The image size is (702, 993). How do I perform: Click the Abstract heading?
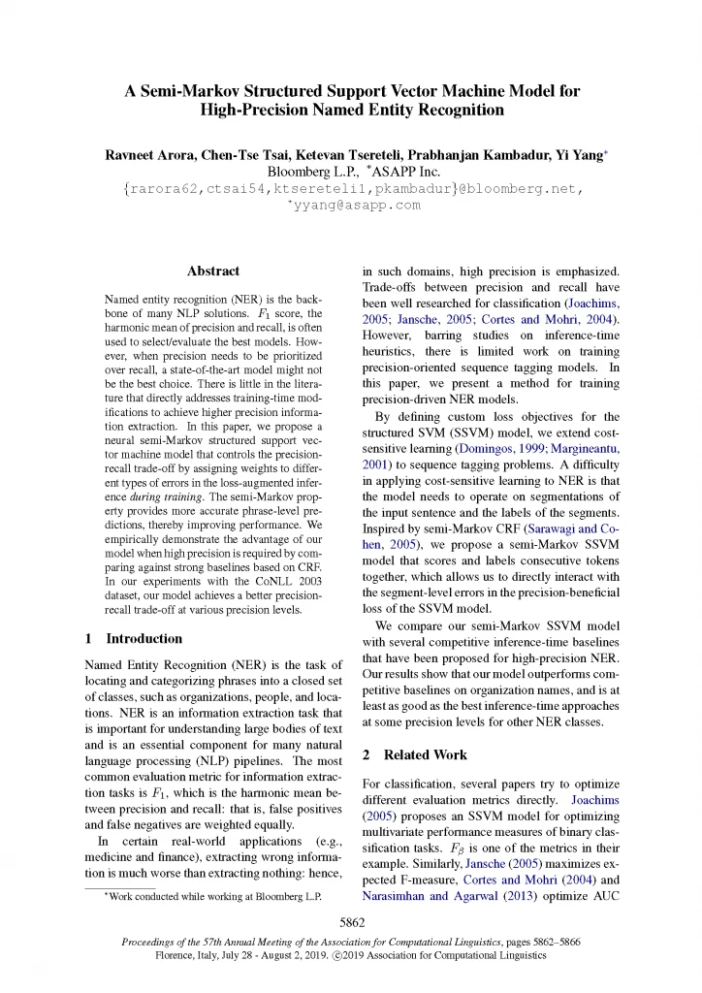(212, 272)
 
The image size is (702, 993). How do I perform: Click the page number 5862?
(350, 921)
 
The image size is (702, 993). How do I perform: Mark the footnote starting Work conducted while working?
(217, 896)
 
